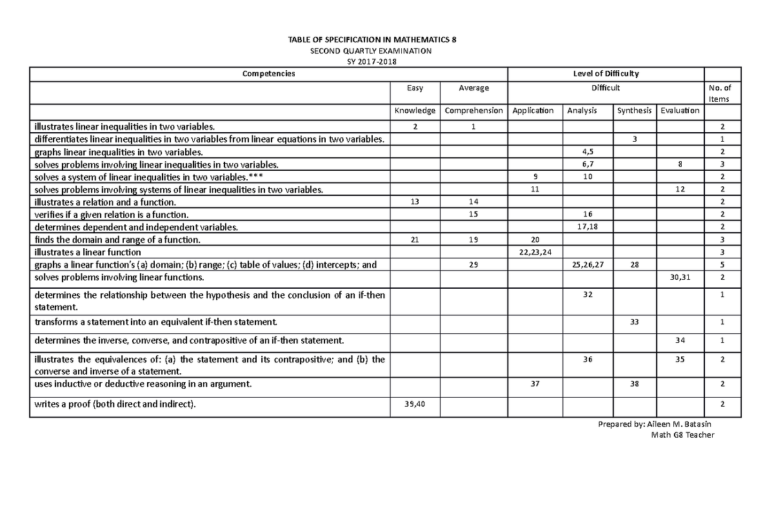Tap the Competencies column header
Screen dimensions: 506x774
pos(268,73)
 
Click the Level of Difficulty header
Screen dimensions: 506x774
pos(606,73)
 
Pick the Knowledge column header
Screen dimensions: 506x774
pos(415,111)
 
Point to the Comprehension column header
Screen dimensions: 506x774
pos(474,111)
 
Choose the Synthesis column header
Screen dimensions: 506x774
pos(634,111)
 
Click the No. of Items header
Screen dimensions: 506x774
pos(722,93)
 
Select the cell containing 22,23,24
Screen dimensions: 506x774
pos(535,252)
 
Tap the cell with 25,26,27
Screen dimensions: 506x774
pos(587,265)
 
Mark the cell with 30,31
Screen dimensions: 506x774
pos(680,277)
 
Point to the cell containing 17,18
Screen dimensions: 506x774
pos(587,227)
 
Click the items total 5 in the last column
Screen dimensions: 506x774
pos(722,265)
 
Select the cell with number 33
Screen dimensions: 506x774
pos(634,322)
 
